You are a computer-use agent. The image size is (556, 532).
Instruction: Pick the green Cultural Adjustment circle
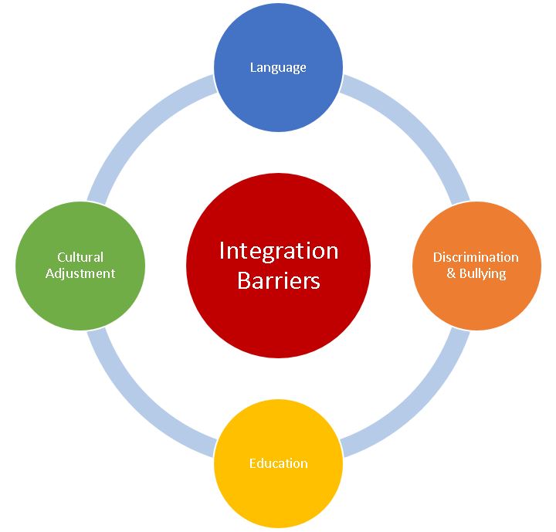coord(80,297)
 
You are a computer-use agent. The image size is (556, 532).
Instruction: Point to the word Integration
coord(278,251)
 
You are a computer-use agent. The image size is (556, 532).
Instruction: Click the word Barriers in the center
coord(278,280)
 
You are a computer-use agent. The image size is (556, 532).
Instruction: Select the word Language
coord(278,67)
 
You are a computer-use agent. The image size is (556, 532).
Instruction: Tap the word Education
coord(278,463)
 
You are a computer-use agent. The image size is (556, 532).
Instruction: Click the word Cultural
coord(80,257)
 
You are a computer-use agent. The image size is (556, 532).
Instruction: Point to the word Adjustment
coord(80,273)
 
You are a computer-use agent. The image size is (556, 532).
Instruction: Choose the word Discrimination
coord(476,257)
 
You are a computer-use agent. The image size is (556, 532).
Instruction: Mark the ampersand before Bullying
coord(452,273)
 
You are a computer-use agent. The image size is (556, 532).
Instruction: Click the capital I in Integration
coord(222,251)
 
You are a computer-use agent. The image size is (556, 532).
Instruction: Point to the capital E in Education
coord(253,463)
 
